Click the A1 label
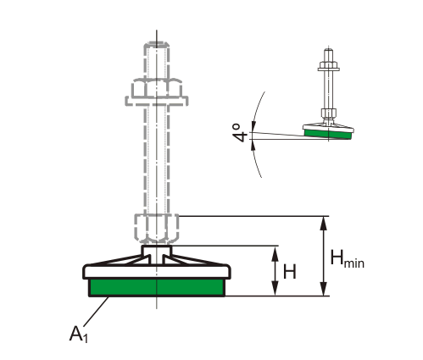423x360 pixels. tap(79, 335)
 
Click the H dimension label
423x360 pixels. tap(290, 272)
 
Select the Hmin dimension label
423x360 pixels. tap(348, 258)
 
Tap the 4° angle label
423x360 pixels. tap(240, 133)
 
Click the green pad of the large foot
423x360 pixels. tap(157, 287)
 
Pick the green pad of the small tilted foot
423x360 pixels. tap(328, 134)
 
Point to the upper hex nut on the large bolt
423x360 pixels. tap(157, 88)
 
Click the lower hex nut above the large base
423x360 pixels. tap(157, 229)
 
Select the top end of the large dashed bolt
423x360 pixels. tap(157, 43)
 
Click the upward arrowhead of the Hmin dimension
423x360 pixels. tap(324, 223)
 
